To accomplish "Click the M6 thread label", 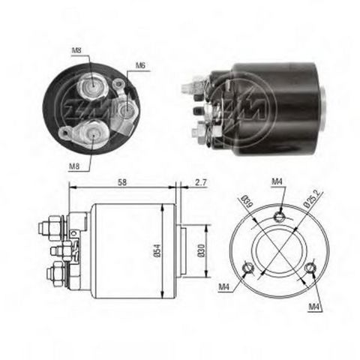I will [x=140, y=66].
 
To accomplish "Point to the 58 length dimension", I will [x=121, y=183].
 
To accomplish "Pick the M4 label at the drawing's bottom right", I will [x=315, y=307].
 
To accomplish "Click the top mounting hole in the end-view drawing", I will [x=279, y=217].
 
